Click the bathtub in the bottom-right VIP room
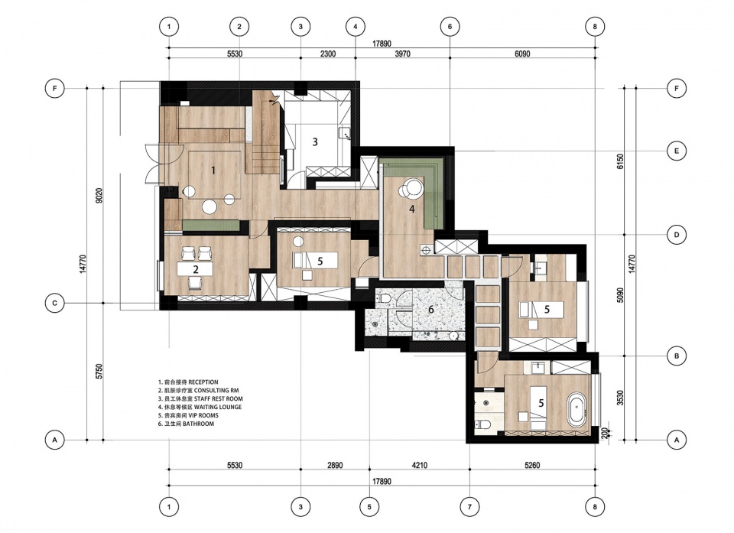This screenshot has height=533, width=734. [576, 411]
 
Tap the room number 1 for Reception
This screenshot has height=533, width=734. [213, 171]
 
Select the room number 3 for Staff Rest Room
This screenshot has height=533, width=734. [315, 141]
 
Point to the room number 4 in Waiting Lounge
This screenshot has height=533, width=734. [412, 209]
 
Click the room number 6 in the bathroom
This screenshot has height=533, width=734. [431, 310]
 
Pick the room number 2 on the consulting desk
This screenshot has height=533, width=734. [196, 269]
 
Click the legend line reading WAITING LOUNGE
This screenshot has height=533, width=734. [200, 407]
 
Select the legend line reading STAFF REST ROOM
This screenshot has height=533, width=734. [200, 398]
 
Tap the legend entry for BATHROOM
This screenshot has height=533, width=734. [187, 424]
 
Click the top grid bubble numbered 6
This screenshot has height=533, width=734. [450, 27]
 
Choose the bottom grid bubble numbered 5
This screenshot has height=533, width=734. [369, 506]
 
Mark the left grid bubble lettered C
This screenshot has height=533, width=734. [55, 303]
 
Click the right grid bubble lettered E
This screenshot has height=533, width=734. [677, 151]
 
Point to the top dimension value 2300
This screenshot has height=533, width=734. [328, 54]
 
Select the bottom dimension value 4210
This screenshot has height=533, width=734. [419, 465]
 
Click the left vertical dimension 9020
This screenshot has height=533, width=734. [99, 196]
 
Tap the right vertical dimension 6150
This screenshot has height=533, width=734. [621, 161]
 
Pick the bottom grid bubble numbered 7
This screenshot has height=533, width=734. [469, 506]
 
